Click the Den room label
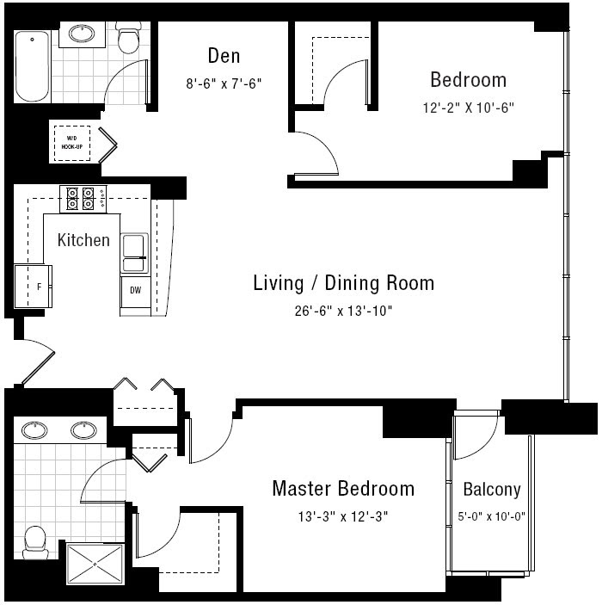(224, 56)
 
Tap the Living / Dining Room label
(344, 283)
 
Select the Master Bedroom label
(343, 489)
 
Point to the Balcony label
(492, 489)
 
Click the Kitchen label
(83, 240)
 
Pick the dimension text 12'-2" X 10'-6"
(468, 108)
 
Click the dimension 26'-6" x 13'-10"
(343, 311)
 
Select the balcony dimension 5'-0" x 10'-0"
(492, 516)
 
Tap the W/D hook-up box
(72, 143)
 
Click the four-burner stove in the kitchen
(83, 199)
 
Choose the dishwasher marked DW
(135, 292)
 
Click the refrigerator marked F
(34, 287)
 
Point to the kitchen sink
(134, 253)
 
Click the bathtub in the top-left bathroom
(33, 66)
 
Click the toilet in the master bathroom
(35, 542)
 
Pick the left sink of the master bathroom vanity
(34, 430)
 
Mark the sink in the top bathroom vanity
(82, 34)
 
